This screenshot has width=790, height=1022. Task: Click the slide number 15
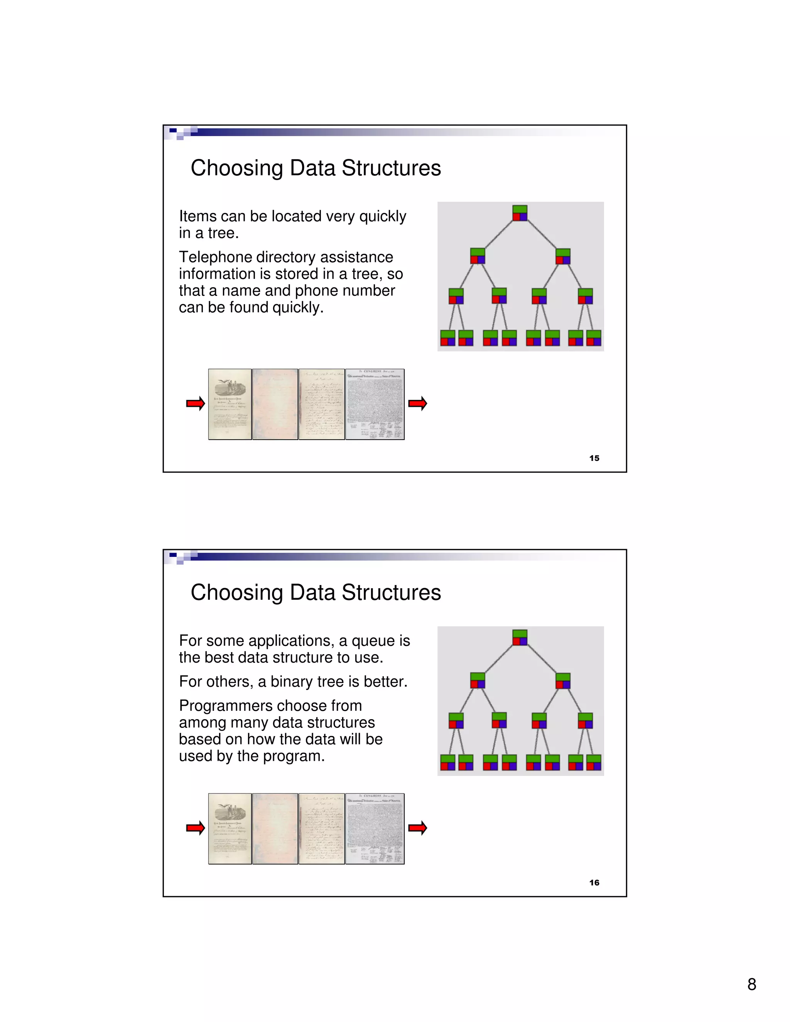tap(594, 458)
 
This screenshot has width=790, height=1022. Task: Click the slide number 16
tap(594, 882)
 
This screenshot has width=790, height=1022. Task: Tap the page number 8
tap(752, 984)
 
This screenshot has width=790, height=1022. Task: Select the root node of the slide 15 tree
tap(520, 213)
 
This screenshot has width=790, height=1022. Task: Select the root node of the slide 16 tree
tap(520, 637)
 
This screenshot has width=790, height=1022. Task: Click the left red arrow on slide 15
tap(196, 403)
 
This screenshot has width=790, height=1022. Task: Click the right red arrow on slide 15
tap(417, 403)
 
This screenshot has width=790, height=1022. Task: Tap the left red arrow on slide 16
tap(196, 828)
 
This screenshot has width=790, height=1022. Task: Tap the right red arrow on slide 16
tap(417, 828)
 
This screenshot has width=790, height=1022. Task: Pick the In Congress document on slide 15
tap(375, 404)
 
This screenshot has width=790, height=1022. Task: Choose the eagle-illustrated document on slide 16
tap(230, 829)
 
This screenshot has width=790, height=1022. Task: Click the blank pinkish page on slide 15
tap(275, 404)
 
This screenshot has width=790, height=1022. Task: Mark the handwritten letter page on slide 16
tap(322, 829)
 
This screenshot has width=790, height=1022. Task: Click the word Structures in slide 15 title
tap(391, 168)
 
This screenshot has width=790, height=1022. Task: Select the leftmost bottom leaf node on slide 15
tap(447, 338)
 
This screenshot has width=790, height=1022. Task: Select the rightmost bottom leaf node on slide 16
tap(593, 762)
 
